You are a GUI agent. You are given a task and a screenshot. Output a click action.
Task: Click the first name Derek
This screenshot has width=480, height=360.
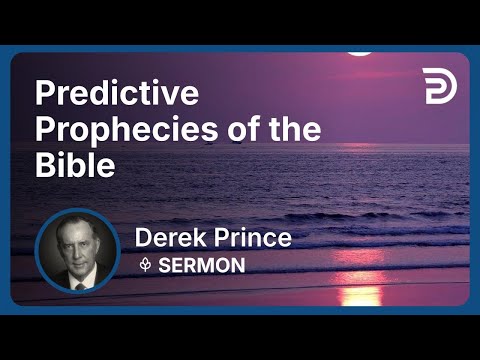point(171,240)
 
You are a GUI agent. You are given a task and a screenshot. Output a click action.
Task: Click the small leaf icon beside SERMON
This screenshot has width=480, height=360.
point(145,265)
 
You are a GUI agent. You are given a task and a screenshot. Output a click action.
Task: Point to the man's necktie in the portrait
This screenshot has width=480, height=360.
point(78,283)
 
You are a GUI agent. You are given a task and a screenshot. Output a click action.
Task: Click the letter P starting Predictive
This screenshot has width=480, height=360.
point(45,96)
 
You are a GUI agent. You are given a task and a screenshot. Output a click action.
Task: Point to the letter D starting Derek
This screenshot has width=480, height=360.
point(144,240)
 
